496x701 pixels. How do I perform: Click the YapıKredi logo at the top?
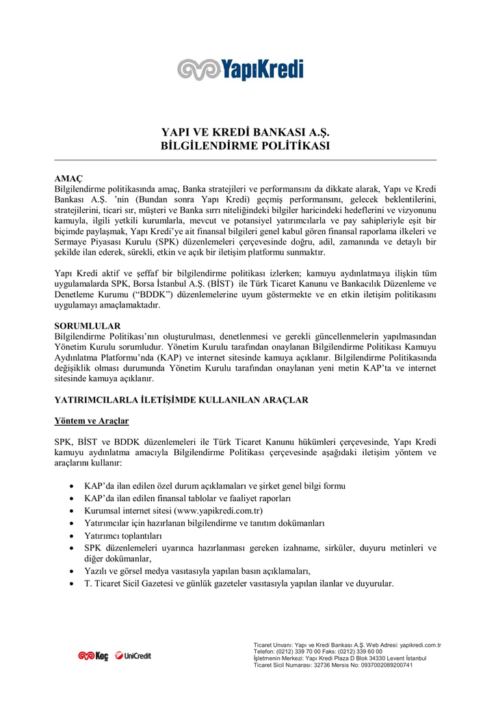coord(240,69)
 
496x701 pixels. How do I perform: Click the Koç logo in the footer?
coord(93,656)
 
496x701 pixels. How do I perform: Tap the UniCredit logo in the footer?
coord(133,656)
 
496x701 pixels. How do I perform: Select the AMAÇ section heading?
coord(68,179)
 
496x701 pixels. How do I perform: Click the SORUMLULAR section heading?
coord(88,326)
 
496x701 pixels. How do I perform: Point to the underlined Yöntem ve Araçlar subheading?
coord(92,420)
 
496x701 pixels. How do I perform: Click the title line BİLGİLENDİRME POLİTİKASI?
coord(245,146)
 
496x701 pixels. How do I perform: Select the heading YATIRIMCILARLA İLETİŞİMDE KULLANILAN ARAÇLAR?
coord(181,399)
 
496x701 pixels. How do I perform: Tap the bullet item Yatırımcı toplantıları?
coord(123,535)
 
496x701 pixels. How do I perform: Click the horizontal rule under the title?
coord(245,160)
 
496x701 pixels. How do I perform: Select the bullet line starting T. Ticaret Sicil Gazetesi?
coord(239,584)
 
